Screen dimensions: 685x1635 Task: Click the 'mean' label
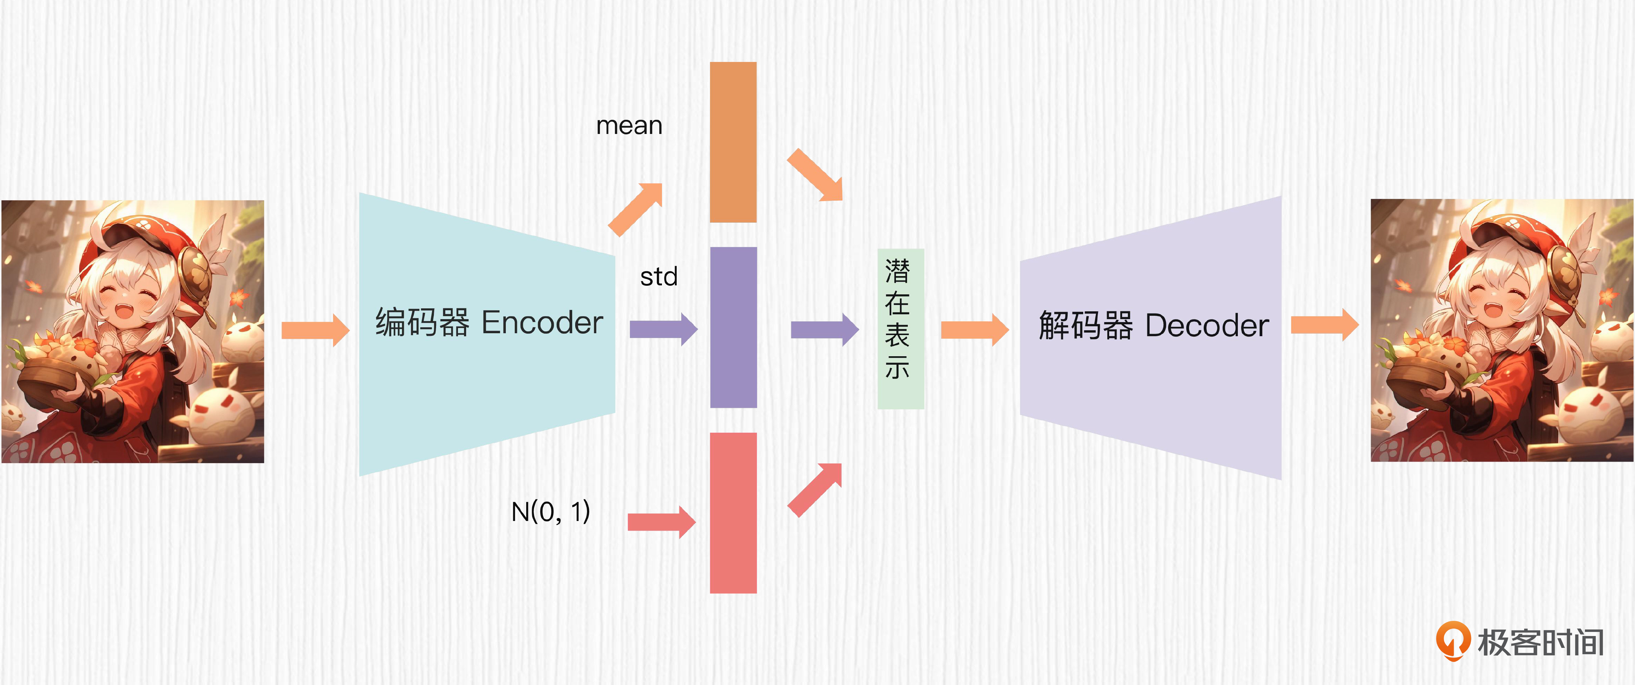[x=629, y=126]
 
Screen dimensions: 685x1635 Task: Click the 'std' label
[x=659, y=277]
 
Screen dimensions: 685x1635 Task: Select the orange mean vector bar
[x=733, y=142]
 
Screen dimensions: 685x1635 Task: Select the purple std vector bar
[x=733, y=327]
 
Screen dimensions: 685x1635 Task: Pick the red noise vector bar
[x=733, y=513]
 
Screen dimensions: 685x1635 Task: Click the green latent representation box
[x=900, y=328]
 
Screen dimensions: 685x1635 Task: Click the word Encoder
[x=542, y=322]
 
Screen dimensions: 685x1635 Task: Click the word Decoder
[x=1207, y=326]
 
